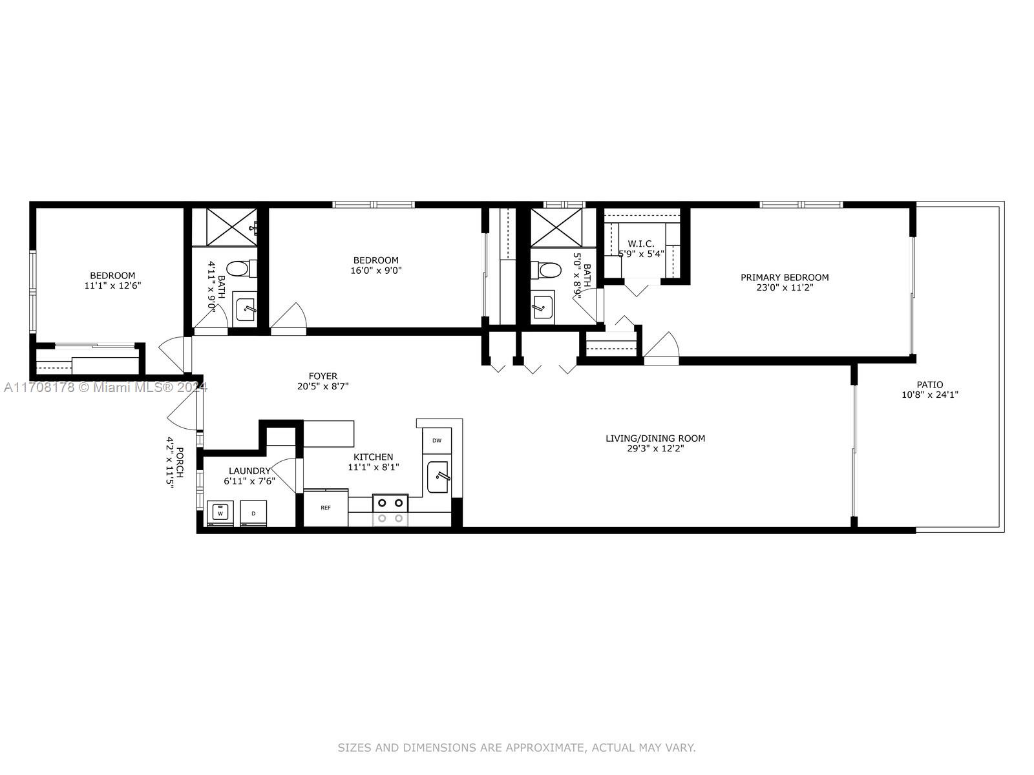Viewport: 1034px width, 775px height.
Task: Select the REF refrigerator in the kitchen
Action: click(326, 508)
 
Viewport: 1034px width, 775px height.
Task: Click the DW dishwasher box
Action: click(437, 440)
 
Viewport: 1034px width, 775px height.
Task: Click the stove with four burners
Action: click(390, 510)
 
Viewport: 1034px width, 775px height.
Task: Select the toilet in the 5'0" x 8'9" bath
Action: click(546, 270)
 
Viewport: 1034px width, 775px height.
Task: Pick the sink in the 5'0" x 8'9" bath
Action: click(543, 308)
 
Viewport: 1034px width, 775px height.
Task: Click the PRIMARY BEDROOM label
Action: click(785, 278)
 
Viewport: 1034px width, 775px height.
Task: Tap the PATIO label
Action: click(930, 385)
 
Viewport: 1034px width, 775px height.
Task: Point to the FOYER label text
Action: click(323, 376)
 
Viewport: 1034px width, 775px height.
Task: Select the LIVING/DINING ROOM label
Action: click(655, 439)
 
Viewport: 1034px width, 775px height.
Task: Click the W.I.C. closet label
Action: click(641, 243)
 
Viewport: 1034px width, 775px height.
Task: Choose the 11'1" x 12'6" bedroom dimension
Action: click(112, 285)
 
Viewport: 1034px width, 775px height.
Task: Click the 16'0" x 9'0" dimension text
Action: click(376, 271)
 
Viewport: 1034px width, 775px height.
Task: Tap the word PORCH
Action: click(180, 462)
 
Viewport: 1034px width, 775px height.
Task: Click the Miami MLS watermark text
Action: click(105, 387)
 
